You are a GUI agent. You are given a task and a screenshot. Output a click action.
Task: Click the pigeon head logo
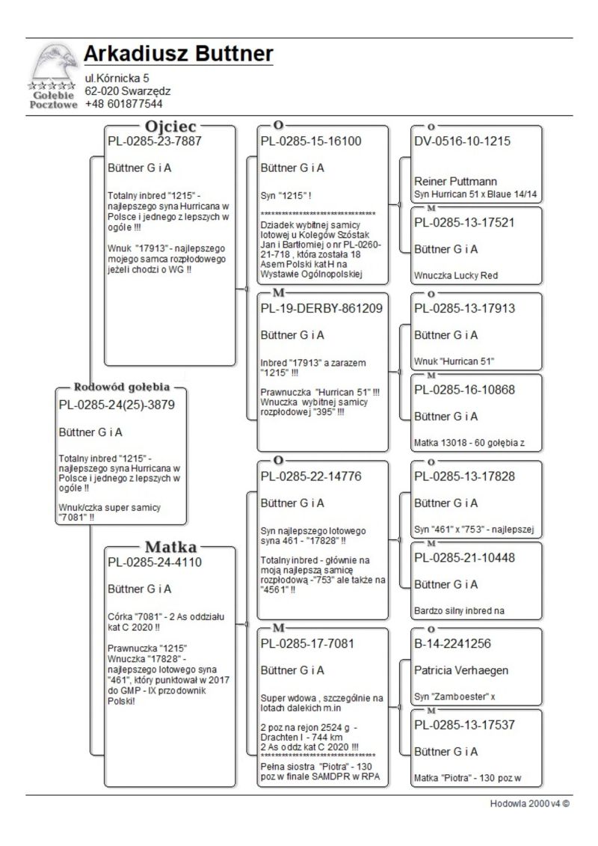(54, 63)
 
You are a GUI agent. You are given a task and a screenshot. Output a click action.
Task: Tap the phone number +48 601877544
(123, 104)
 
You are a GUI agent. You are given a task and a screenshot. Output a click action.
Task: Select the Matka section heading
(170, 546)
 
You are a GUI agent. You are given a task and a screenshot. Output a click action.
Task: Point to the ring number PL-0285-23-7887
(155, 141)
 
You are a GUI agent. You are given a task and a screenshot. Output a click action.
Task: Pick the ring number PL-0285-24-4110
(155, 562)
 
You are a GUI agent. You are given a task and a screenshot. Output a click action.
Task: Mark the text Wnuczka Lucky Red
(455, 275)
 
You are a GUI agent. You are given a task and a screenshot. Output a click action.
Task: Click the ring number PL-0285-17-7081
(307, 643)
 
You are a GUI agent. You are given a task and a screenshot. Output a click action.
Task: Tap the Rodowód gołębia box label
(122, 387)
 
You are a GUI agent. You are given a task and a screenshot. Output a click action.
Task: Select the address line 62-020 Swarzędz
(128, 91)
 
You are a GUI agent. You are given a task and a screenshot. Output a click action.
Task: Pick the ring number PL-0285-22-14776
(311, 476)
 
